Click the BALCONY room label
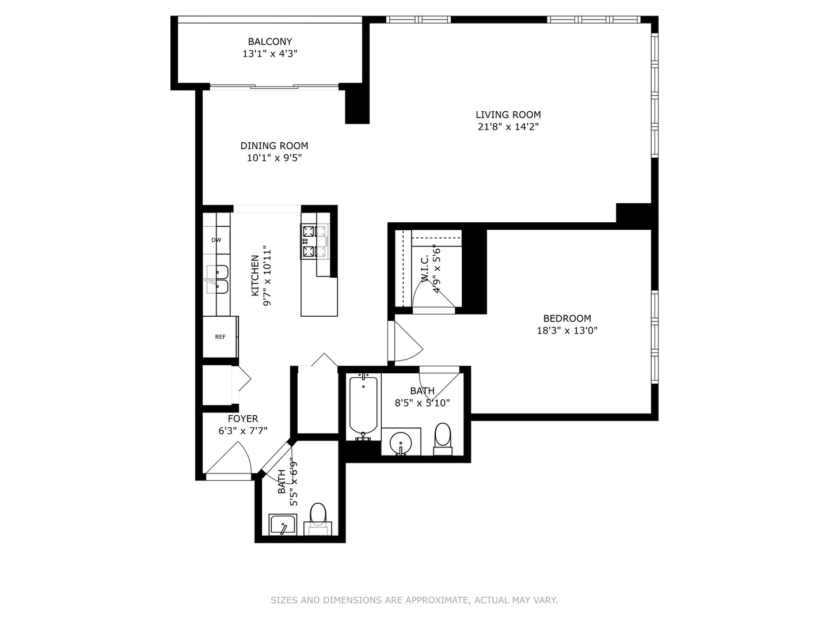click(269, 41)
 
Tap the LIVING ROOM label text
click(508, 115)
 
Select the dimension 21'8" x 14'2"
click(508, 127)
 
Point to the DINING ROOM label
click(274, 146)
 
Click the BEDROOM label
click(567, 318)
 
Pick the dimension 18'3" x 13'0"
click(567, 331)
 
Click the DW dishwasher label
click(216, 240)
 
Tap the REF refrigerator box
click(220, 337)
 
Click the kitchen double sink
click(217, 279)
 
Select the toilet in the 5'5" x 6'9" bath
click(318, 515)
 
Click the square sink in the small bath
click(283, 525)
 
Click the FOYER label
click(242, 419)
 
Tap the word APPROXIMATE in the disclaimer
click(436, 600)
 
